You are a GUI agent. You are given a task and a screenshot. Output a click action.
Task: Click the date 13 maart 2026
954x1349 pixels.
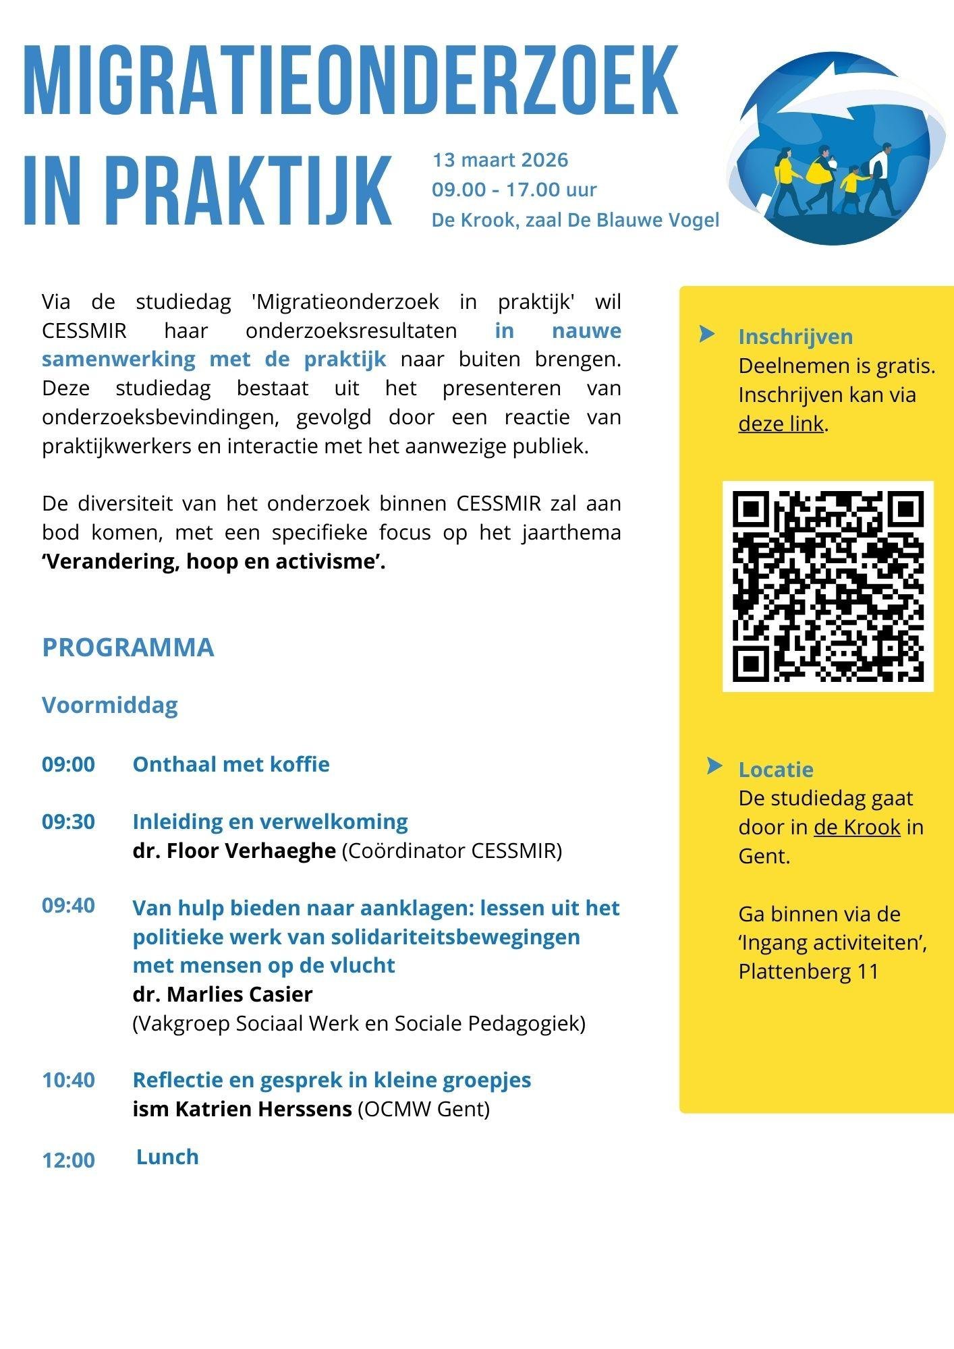point(500,160)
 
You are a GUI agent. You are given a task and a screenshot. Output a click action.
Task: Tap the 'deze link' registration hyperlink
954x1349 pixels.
point(781,424)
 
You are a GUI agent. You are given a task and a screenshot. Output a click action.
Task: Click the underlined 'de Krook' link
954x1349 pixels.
point(857,827)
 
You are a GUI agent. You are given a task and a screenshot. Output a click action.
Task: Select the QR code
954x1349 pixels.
point(828,586)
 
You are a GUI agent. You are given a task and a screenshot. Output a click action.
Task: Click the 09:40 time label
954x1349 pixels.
point(68,905)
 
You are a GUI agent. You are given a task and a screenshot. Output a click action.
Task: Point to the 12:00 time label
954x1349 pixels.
point(68,1160)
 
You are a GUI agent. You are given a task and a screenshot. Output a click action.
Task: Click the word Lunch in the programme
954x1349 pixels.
point(167,1157)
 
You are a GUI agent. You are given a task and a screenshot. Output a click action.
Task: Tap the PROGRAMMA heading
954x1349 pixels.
point(128,647)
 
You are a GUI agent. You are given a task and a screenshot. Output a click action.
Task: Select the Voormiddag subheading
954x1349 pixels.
point(110,705)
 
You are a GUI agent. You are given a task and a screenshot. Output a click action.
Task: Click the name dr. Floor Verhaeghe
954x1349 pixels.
point(234,851)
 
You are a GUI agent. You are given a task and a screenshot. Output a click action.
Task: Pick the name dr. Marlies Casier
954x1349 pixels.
point(223,994)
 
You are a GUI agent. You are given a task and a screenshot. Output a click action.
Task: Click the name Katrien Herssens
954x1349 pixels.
point(264,1109)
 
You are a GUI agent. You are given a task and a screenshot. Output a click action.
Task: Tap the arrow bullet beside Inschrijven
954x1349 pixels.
point(707,333)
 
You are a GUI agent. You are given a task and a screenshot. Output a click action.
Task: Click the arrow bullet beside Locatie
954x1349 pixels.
point(714,766)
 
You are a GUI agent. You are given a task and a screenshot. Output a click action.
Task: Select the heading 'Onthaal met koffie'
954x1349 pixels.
point(231,764)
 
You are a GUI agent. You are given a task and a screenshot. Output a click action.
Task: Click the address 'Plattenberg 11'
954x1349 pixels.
point(808,971)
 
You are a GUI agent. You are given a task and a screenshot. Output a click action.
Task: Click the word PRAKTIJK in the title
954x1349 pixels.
point(249,191)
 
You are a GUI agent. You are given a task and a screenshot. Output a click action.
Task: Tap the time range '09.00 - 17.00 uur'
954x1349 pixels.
point(514,190)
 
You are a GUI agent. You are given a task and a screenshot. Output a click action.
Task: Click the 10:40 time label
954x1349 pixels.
point(68,1080)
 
